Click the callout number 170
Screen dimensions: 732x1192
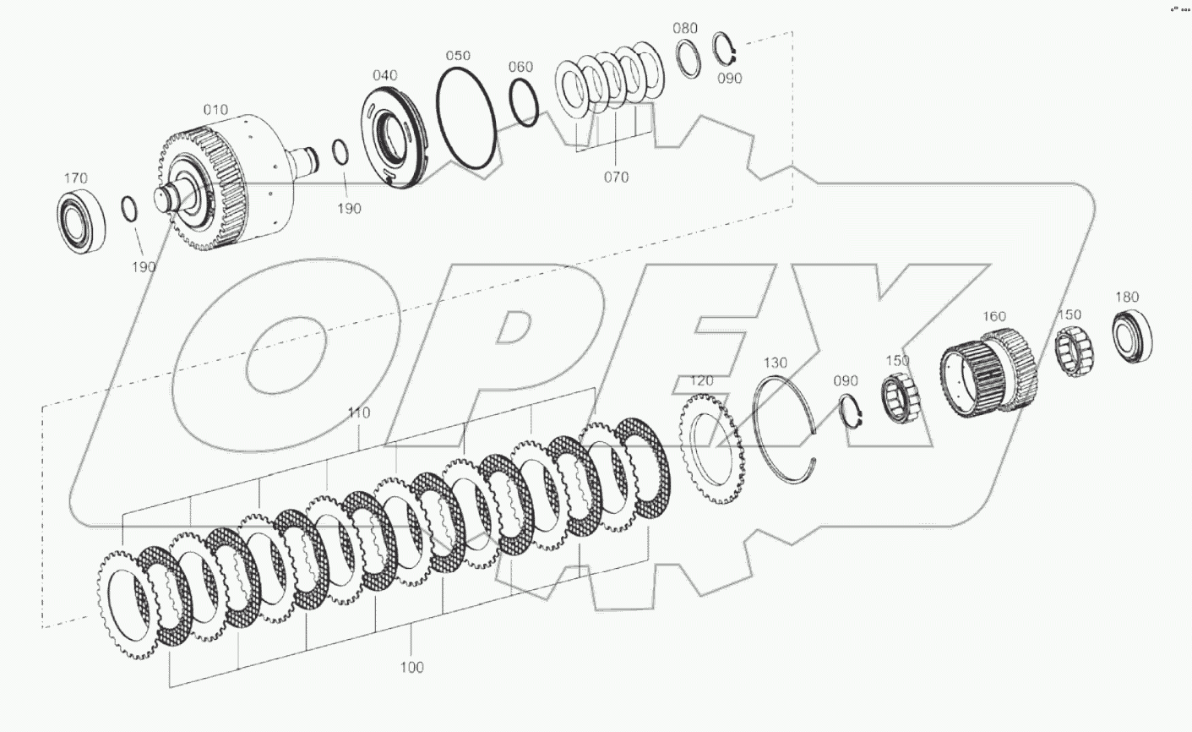click(x=76, y=178)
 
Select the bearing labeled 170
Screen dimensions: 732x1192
click(x=81, y=221)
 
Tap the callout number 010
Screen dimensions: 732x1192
click(x=215, y=110)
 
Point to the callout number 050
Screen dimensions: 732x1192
click(x=458, y=56)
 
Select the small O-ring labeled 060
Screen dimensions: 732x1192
click(x=525, y=103)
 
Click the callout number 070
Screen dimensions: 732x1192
click(x=617, y=178)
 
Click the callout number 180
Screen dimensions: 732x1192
click(x=1127, y=297)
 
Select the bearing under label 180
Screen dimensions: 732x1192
click(x=1132, y=336)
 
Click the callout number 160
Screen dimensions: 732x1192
click(x=993, y=316)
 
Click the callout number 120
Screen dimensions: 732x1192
click(x=702, y=381)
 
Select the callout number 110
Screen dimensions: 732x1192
click(x=359, y=413)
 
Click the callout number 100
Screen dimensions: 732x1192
click(x=411, y=667)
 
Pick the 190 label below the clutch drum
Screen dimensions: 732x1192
click(x=144, y=267)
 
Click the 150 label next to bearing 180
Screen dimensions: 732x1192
click(x=1070, y=314)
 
